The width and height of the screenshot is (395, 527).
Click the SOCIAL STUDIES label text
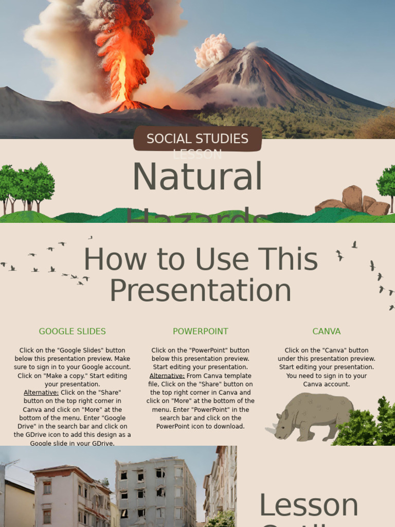point(197,138)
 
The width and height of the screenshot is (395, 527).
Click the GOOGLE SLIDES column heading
point(72,331)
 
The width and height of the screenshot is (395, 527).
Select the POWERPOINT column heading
point(200,331)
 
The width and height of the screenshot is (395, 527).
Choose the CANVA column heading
point(326,331)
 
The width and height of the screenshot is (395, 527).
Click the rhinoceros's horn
point(270,430)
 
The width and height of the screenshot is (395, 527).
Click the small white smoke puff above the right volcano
point(213,50)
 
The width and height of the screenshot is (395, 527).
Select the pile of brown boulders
point(353,202)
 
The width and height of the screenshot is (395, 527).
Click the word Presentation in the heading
point(201,290)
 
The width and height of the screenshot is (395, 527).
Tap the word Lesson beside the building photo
point(309,505)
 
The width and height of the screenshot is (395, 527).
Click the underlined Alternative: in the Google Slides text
point(41,393)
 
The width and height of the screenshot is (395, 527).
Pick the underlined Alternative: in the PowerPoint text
point(167,376)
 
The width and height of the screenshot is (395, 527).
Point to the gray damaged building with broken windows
point(154,491)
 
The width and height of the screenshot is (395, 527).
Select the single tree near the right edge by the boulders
point(387,183)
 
